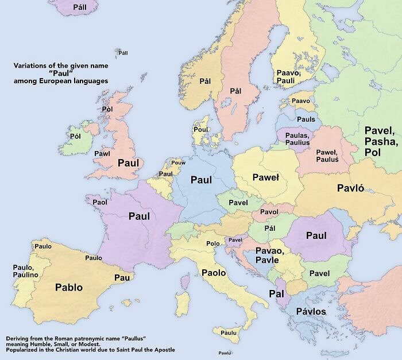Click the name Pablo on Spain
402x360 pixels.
coord(68,287)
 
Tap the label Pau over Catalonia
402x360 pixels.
coord(122,277)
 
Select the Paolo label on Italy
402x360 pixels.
coord(213,273)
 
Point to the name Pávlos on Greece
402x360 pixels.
coord(311,311)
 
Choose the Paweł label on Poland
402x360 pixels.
coord(265,178)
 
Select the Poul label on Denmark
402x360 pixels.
coord(200,129)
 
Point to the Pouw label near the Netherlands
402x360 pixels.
coord(178,163)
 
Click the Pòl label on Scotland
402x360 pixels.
coord(107,109)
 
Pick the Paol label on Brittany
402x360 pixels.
coord(100,202)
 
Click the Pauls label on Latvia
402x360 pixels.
coord(306,119)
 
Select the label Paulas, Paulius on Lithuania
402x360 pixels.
coord(297,138)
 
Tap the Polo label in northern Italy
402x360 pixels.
coord(213,243)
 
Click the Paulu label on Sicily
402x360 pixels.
coord(229,332)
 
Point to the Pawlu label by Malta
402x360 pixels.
coord(225,353)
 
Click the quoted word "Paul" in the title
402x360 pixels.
coord(61,73)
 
